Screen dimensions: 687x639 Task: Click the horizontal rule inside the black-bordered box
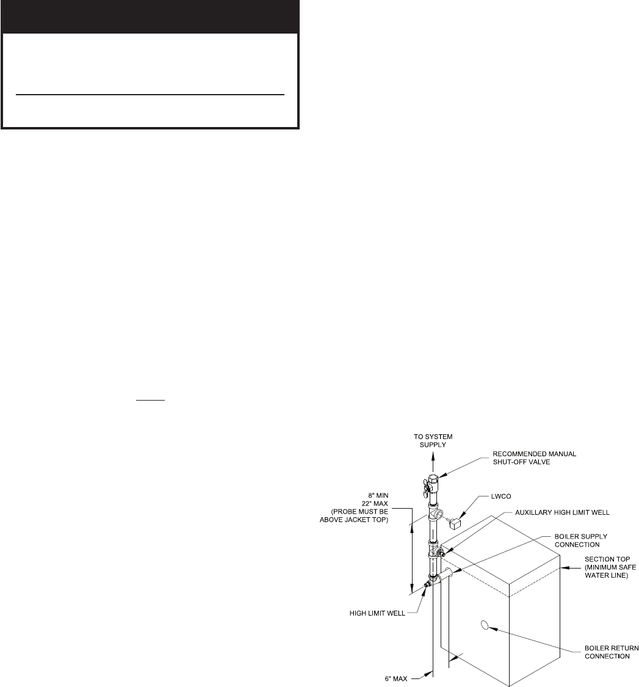tap(150, 95)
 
